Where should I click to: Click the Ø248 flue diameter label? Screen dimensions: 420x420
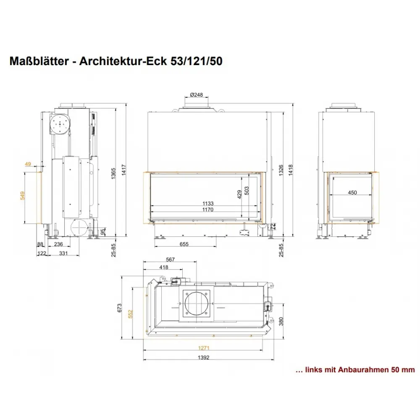pos(196,95)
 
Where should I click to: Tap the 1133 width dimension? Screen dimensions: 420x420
pos(208,204)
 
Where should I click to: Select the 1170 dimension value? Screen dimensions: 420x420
pos(208,210)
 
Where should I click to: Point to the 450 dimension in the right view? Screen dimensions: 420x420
pos(352,193)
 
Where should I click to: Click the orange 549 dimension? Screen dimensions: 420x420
pos(23,196)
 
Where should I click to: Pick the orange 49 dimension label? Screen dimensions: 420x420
pos(28,164)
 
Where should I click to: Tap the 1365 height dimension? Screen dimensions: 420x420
pos(113,173)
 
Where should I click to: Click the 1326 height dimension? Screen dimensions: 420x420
pos(281,171)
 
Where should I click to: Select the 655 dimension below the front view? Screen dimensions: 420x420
pos(184,244)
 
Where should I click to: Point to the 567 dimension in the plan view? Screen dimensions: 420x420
pos(170,260)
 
